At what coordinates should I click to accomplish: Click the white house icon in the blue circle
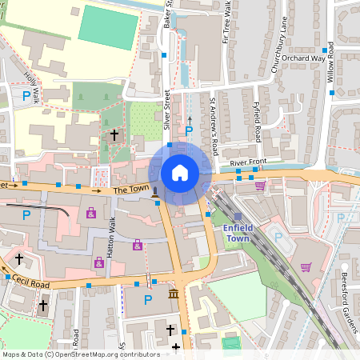tap(180, 172)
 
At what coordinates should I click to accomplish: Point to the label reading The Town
tap(130, 190)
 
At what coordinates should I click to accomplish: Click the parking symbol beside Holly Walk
tap(26, 98)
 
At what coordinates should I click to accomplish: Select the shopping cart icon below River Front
tap(260, 186)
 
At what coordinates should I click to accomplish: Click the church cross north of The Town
tap(114, 135)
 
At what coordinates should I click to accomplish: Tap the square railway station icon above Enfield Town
tap(238, 216)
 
